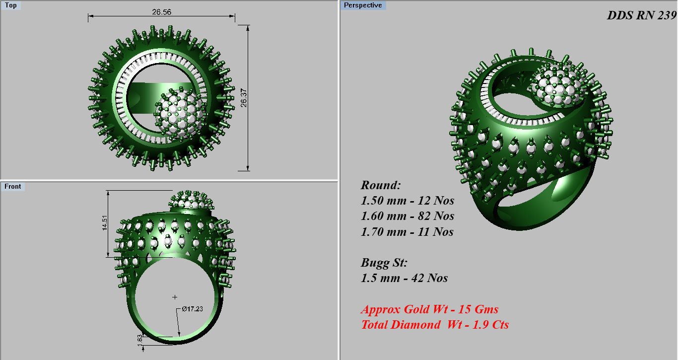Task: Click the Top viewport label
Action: pos(10,5)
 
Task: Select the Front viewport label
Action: pos(13,186)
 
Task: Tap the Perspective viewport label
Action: pos(363,5)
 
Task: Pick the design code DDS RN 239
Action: pos(641,15)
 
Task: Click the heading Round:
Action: pos(380,185)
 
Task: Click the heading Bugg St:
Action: pos(384,263)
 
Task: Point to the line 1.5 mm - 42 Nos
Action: pos(404,278)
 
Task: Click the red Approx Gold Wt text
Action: pos(429,309)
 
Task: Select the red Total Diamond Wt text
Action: pos(435,325)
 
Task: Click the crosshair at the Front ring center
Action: pos(175,297)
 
